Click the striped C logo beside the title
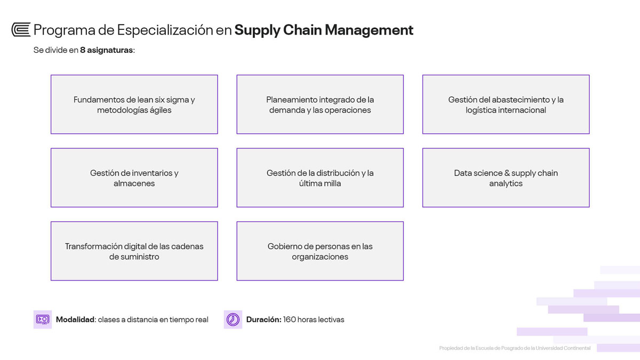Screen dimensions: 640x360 21,30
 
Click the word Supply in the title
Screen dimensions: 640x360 257,30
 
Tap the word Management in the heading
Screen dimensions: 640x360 369,30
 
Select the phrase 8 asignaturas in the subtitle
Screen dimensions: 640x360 106,50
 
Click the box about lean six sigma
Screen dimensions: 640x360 134,105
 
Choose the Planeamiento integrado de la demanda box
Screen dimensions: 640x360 320,105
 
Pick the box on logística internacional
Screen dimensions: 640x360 506,105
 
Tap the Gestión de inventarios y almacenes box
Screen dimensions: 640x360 134,178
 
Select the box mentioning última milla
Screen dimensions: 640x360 320,178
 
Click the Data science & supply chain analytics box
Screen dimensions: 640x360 506,178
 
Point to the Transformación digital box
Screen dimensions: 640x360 134,251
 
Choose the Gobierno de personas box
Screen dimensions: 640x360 320,251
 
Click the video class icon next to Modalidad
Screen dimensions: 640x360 43,319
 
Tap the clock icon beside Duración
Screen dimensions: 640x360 233,319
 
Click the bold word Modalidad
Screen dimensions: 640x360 75,319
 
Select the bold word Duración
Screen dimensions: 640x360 263,319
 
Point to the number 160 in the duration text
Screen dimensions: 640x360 289,319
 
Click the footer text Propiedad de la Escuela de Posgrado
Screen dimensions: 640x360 515,348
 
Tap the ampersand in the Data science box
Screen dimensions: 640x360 507,173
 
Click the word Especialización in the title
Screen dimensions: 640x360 165,30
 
